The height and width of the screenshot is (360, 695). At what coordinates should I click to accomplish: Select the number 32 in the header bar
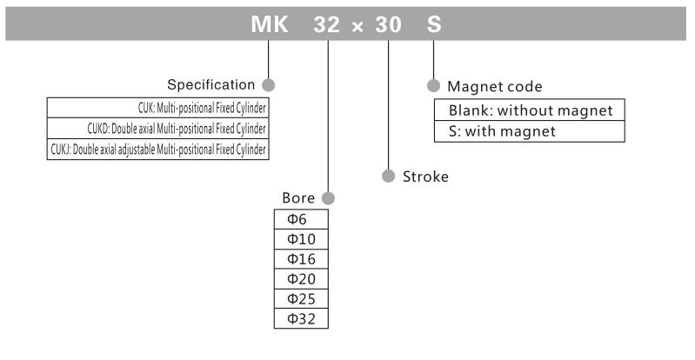coord(328,26)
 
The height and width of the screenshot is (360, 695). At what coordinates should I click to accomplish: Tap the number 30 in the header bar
coord(386,26)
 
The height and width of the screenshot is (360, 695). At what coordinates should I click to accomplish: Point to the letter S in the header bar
coord(433,26)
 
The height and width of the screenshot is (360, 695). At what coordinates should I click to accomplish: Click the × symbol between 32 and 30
coord(358,27)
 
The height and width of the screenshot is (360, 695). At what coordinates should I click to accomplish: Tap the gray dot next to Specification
coord(268,85)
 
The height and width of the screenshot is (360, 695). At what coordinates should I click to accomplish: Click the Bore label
coord(301,198)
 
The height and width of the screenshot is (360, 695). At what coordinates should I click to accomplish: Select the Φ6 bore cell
coord(301,221)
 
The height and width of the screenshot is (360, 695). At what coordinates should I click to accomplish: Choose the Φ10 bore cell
coord(301,240)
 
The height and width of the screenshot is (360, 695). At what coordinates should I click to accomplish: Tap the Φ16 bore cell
coord(301,260)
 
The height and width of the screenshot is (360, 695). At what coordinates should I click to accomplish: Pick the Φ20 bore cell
coord(301,279)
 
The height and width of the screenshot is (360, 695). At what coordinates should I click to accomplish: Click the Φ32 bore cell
coord(301,318)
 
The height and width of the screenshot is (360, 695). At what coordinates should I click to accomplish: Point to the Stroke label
coord(425,177)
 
